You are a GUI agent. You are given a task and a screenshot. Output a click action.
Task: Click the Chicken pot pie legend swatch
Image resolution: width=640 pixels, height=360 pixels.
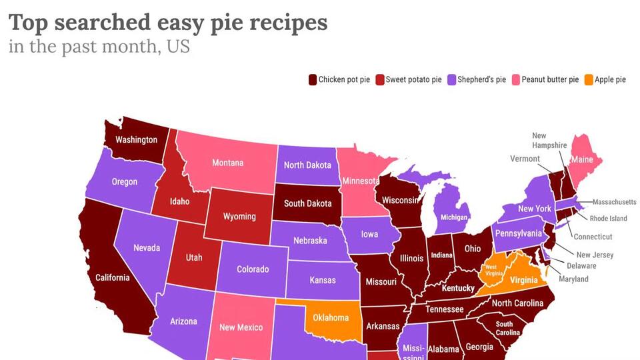point(312,80)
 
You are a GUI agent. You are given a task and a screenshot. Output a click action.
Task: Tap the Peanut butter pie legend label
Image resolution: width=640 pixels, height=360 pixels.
point(549,80)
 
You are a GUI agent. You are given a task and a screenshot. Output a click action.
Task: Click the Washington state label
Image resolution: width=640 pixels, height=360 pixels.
point(136,140)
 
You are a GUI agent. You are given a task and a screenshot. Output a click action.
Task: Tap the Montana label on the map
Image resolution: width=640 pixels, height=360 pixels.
point(227,163)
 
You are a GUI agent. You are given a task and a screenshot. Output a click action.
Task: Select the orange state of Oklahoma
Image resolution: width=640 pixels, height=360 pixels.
point(331,317)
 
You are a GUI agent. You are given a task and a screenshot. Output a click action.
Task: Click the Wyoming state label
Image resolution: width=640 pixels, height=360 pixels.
point(239,216)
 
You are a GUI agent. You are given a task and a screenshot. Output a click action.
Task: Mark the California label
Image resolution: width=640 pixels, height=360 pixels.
point(112,277)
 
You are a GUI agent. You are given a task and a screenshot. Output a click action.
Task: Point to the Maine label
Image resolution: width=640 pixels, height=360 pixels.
point(581,160)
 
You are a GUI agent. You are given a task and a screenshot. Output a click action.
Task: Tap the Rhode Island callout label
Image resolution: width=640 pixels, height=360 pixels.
point(608,219)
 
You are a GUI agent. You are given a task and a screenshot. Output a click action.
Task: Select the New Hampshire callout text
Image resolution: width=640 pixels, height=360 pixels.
point(549,141)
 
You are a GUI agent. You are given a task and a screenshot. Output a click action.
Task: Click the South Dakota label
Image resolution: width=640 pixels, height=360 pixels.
point(307,203)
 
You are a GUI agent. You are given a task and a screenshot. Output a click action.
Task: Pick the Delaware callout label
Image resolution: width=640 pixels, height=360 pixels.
point(581,266)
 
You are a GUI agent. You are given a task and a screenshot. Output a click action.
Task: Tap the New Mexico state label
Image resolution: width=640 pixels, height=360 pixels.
point(241,327)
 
